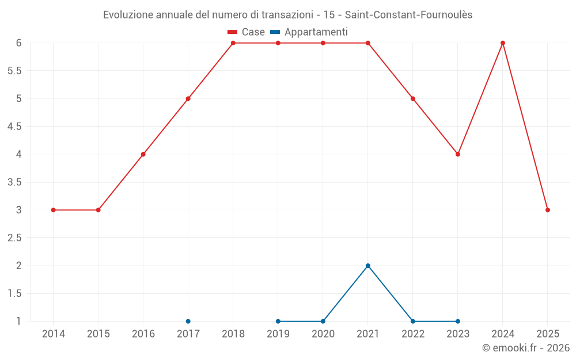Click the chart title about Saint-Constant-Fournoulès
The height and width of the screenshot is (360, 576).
point(287,15)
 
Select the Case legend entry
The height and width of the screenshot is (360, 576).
point(246,32)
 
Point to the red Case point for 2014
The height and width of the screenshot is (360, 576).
point(54,210)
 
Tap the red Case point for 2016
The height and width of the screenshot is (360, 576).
point(143,154)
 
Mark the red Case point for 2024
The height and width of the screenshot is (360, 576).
point(503,43)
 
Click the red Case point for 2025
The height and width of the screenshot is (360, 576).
point(548,210)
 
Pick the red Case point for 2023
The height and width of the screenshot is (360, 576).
point(458,154)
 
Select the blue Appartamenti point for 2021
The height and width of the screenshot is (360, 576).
point(368,266)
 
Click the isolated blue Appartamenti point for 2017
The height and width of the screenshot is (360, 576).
point(188,321)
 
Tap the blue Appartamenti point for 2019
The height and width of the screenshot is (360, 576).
point(278,321)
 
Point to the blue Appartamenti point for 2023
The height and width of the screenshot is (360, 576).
point(458,321)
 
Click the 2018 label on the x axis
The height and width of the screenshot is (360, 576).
point(233,334)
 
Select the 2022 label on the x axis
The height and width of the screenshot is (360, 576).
point(413,334)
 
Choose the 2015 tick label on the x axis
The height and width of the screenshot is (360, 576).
point(98,334)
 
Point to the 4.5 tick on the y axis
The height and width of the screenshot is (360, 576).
point(14,127)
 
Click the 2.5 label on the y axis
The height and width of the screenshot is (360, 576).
point(14,238)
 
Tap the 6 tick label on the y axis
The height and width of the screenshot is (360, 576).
point(18,43)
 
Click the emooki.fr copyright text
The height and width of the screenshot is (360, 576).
point(525,348)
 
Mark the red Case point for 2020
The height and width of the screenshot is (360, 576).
point(323,43)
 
